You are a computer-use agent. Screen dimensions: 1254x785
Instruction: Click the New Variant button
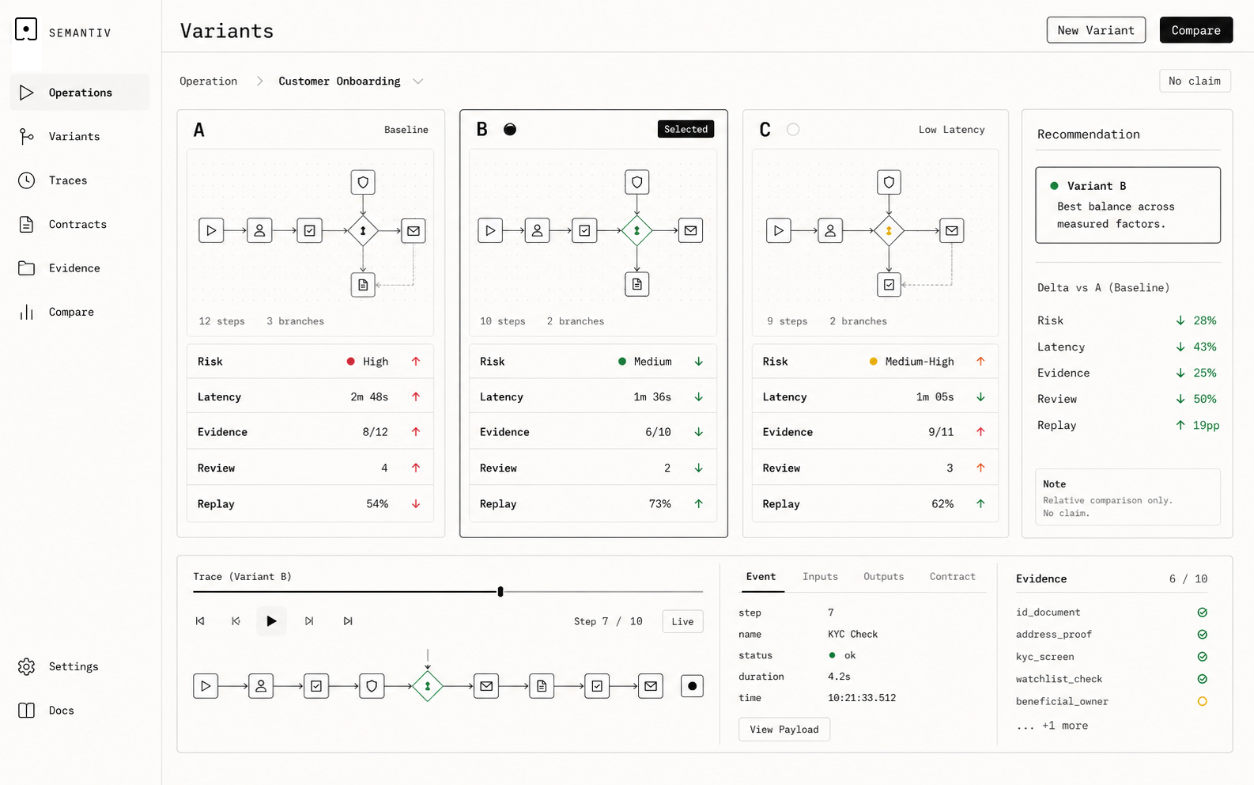(x=1096, y=30)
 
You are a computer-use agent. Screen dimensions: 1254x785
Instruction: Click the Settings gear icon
(x=26, y=666)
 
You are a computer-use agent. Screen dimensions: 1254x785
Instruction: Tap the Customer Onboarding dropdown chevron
(x=417, y=82)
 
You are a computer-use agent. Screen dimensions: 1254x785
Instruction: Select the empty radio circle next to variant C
(x=793, y=130)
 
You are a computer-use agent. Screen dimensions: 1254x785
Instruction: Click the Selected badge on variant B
(x=686, y=130)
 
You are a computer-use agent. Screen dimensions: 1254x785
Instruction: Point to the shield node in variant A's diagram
(x=363, y=182)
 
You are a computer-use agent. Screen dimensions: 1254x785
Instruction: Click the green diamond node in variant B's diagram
(x=636, y=230)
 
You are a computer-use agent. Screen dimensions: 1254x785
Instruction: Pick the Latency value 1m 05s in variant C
(x=935, y=396)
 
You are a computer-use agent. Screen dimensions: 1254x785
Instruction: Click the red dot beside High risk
(x=350, y=362)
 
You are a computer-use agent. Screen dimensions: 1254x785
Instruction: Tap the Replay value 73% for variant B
(x=659, y=504)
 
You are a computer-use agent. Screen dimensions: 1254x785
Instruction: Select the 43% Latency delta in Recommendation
(x=1204, y=347)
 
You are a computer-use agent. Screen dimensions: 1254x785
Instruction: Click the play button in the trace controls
(x=271, y=621)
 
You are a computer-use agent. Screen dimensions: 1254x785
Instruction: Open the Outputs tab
(x=883, y=577)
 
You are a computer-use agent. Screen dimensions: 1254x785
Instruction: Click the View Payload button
(x=784, y=729)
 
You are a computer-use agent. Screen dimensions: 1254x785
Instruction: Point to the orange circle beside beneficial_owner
(x=1202, y=701)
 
